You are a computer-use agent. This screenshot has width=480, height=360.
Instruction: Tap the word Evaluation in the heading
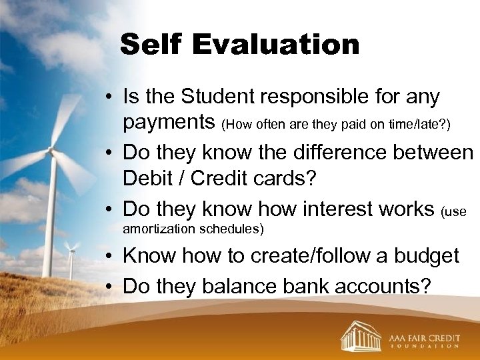(x=277, y=45)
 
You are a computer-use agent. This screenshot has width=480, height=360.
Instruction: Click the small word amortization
(x=158, y=229)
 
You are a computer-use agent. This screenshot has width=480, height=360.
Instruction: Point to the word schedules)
(x=231, y=229)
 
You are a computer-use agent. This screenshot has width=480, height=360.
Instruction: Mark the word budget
(x=425, y=257)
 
